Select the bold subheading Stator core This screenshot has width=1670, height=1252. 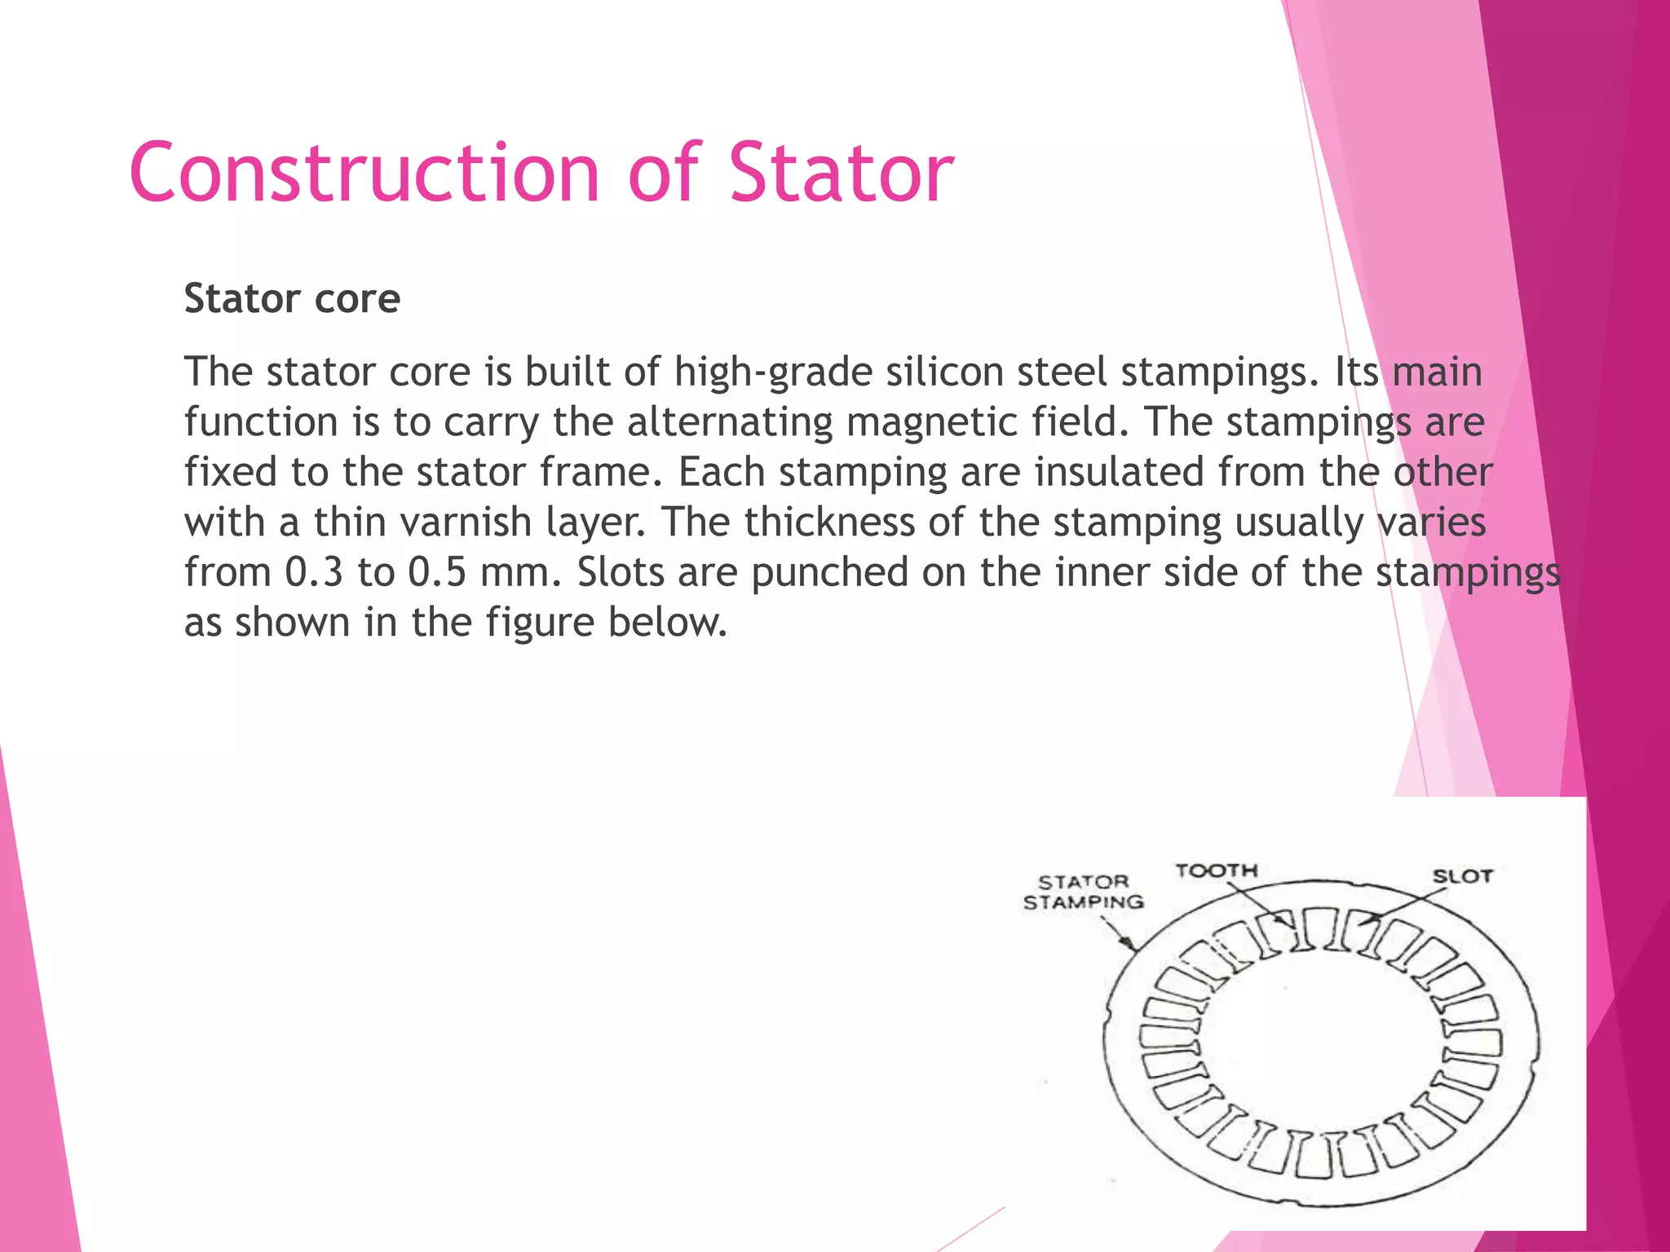pos(292,298)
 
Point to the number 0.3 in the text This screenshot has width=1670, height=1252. pos(315,572)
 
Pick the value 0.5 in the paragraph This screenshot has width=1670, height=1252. pos(437,572)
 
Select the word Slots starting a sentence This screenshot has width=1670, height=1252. pos(621,572)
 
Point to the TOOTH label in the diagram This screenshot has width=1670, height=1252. pos(1217,871)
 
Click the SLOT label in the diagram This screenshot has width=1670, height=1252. pos(1463,877)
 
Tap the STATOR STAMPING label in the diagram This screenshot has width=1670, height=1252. pos(1084,893)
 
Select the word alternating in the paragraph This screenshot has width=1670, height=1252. pos(730,422)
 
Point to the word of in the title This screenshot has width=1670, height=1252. pos(664,173)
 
